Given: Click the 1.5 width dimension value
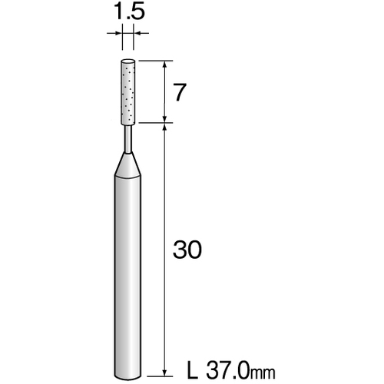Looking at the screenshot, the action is [129, 11].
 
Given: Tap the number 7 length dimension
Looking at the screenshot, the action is [179, 92].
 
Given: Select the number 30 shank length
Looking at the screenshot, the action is [187, 250].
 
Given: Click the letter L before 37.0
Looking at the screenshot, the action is [193, 370].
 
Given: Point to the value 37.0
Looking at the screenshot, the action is [227, 370].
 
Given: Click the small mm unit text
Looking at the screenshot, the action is [263, 373].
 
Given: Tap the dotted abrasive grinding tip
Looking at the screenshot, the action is [127, 92].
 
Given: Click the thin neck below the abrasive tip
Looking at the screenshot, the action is [127, 139].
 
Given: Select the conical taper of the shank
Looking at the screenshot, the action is [127, 165].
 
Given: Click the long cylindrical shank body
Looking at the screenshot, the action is [127, 276].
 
